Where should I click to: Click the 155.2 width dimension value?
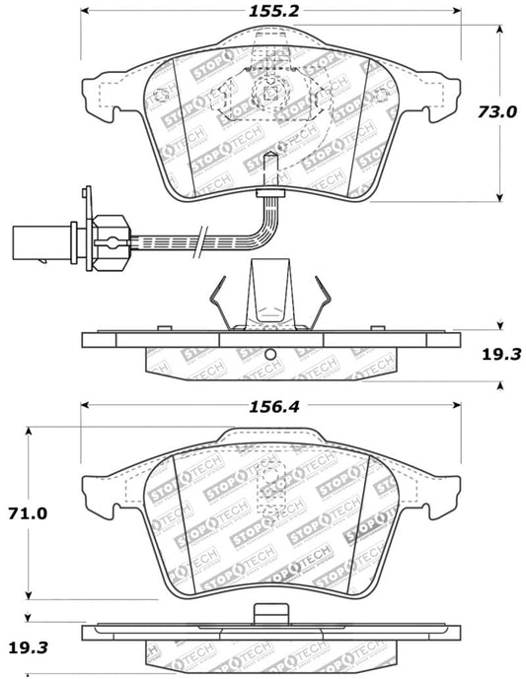click(270, 12)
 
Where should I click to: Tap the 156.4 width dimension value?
click(271, 388)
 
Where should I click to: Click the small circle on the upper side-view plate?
click(278, 356)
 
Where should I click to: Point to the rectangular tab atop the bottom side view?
click(267, 612)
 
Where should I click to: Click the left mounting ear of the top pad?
click(98, 95)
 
